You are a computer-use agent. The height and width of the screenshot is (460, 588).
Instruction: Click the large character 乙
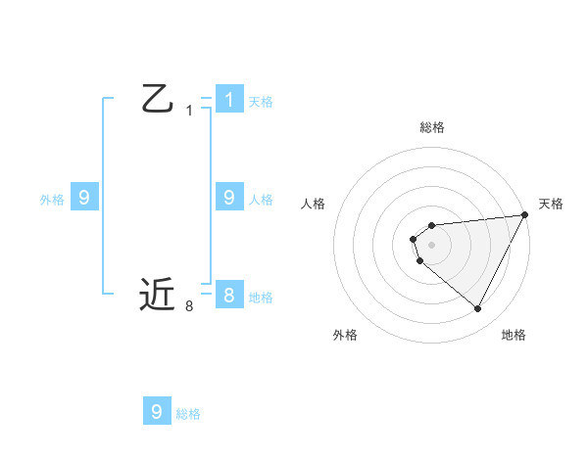pos(157,99)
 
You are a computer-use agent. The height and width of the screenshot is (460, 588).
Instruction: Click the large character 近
pos(157,294)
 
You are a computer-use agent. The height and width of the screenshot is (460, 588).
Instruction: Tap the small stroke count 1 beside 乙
pos(189,111)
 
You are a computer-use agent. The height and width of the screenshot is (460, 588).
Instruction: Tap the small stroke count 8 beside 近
pos(189,306)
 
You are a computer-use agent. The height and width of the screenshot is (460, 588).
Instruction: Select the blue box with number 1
pos(228,99)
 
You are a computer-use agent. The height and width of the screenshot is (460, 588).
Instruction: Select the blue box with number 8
pos(228,295)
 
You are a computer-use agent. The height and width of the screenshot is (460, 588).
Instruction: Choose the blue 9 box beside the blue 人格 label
pos(228,198)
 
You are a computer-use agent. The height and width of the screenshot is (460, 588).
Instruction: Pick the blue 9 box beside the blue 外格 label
pos(84,198)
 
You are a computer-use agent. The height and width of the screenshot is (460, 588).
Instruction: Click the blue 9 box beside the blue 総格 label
pos(157,411)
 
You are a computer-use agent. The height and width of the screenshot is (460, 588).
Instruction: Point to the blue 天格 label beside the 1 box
pos(261,101)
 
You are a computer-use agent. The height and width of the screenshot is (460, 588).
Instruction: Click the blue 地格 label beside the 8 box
pos(261,297)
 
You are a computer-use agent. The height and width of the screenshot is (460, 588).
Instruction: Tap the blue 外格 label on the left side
pos(52,199)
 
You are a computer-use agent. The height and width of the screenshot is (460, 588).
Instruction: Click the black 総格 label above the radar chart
pos(432,127)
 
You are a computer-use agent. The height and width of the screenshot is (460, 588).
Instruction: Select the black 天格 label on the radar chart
pos(551,204)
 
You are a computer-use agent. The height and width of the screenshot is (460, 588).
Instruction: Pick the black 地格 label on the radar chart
pos(514,335)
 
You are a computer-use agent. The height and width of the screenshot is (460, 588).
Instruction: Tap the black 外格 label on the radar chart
pos(345,335)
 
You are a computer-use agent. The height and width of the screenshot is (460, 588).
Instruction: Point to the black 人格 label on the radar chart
pos(314,204)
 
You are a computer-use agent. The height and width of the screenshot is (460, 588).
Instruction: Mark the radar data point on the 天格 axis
pos(525,215)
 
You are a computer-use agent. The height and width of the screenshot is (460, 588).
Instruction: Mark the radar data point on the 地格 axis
pos(477,309)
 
